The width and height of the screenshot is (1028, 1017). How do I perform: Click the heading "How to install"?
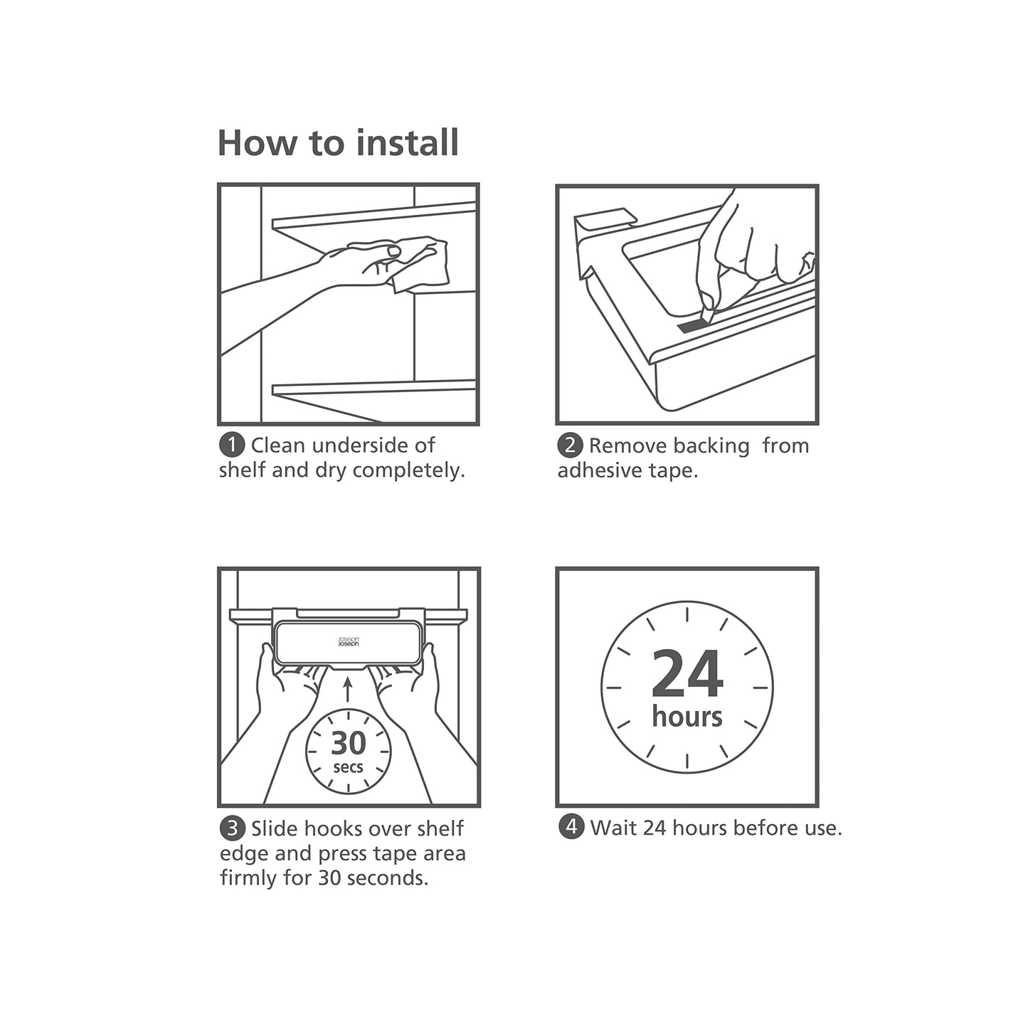coord(338,143)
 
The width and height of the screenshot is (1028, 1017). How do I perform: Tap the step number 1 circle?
coord(231,446)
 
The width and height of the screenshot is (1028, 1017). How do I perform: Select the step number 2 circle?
coord(570,446)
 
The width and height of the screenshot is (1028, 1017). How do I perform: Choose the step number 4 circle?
coord(571,827)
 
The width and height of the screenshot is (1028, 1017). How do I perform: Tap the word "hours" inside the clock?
coord(687,716)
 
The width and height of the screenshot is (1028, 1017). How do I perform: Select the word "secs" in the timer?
coord(348,768)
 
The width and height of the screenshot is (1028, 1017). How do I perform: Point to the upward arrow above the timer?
coord(348,689)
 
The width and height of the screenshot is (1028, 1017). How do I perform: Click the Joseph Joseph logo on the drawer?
coord(349,642)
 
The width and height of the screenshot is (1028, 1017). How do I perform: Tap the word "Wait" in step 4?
coord(614,828)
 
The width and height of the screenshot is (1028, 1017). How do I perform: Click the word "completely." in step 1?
coord(409,471)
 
